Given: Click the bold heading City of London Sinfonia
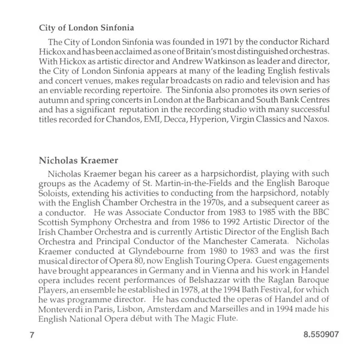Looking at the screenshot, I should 86,28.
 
